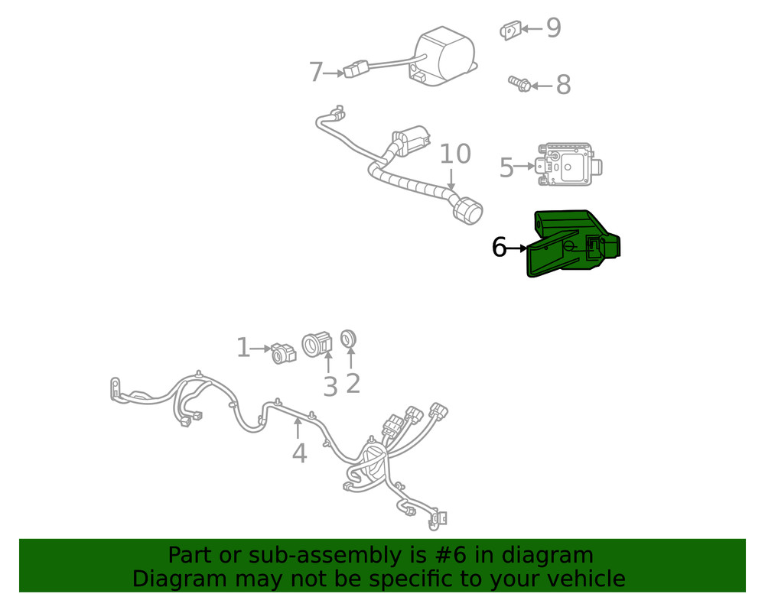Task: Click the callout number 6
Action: click(499, 248)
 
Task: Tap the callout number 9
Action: click(553, 29)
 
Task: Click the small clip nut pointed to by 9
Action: click(509, 31)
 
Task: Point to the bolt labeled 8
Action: click(519, 83)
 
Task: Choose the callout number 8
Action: click(563, 86)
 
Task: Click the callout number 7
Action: click(316, 73)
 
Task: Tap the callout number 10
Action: click(454, 154)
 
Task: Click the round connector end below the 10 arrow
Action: click(466, 209)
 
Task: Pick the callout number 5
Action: click(506, 167)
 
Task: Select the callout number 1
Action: click(243, 349)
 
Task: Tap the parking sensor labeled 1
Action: click(283, 352)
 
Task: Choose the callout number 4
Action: click(299, 453)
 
